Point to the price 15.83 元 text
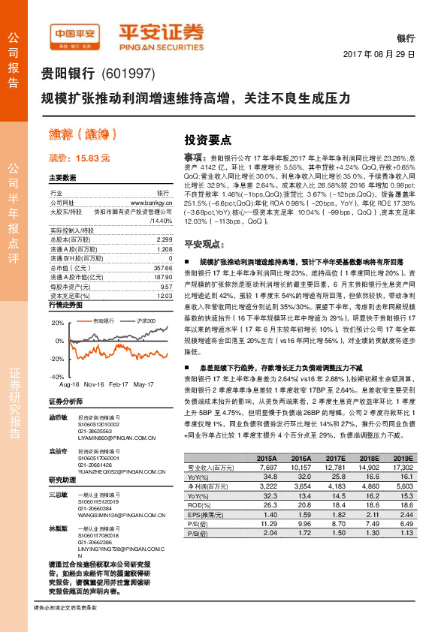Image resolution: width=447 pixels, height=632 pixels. (79, 158)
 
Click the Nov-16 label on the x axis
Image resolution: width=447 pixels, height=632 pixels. (94, 384)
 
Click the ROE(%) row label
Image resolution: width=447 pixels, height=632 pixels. (198, 504)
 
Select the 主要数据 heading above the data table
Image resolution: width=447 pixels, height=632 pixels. (62, 178)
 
